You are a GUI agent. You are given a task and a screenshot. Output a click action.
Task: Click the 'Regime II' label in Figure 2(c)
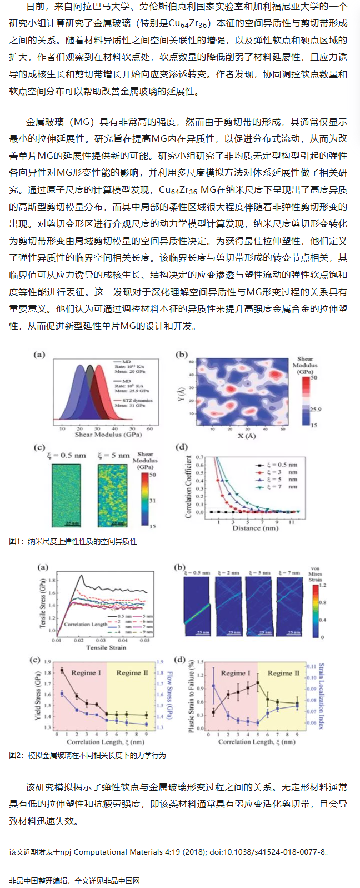pyautogui.click(x=132, y=672)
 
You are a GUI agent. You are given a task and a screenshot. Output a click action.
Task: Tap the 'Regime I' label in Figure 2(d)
pyautogui.click(x=236, y=672)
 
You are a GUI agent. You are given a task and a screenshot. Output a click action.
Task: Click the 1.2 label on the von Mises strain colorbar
pyautogui.click(x=323, y=586)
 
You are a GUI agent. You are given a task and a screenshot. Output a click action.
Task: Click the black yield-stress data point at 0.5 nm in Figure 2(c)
pyautogui.click(x=62, y=670)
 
